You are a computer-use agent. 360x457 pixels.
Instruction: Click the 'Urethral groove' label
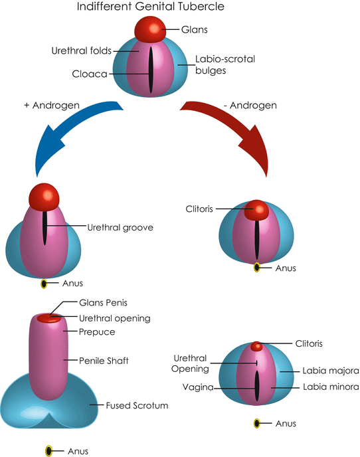coord(120,227)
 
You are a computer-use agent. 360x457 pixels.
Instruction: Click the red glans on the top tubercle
coord(150,29)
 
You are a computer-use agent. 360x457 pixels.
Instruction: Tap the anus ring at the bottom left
coord(48,451)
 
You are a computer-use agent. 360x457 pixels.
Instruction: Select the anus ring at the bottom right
coord(256,423)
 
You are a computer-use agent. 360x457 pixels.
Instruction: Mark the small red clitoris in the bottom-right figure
coord(256,346)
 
